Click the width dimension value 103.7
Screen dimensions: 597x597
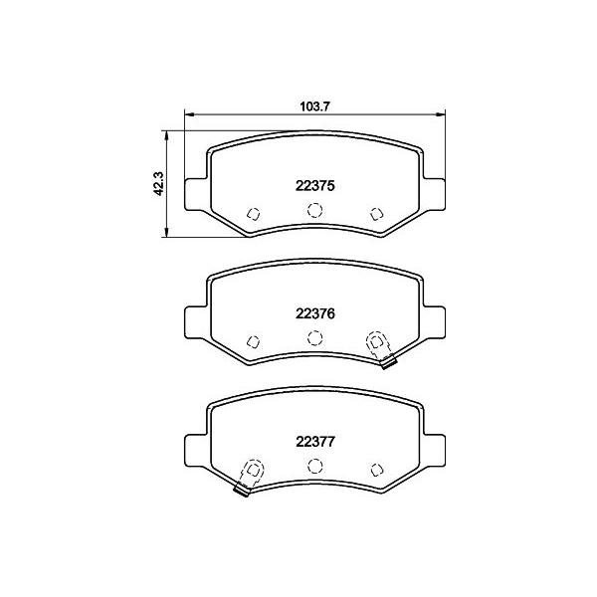tap(314, 106)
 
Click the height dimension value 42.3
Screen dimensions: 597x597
tap(158, 183)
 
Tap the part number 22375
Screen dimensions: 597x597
tap(314, 186)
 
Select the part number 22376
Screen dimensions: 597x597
tap(314, 313)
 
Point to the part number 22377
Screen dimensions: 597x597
tap(314, 442)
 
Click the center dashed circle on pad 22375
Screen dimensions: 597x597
tap(314, 209)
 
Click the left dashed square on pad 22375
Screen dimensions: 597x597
tap(253, 214)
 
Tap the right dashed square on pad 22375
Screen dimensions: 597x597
tap(376, 214)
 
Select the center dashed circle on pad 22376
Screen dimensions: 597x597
tap(314, 337)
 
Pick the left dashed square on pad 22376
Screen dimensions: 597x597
tap(253, 341)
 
